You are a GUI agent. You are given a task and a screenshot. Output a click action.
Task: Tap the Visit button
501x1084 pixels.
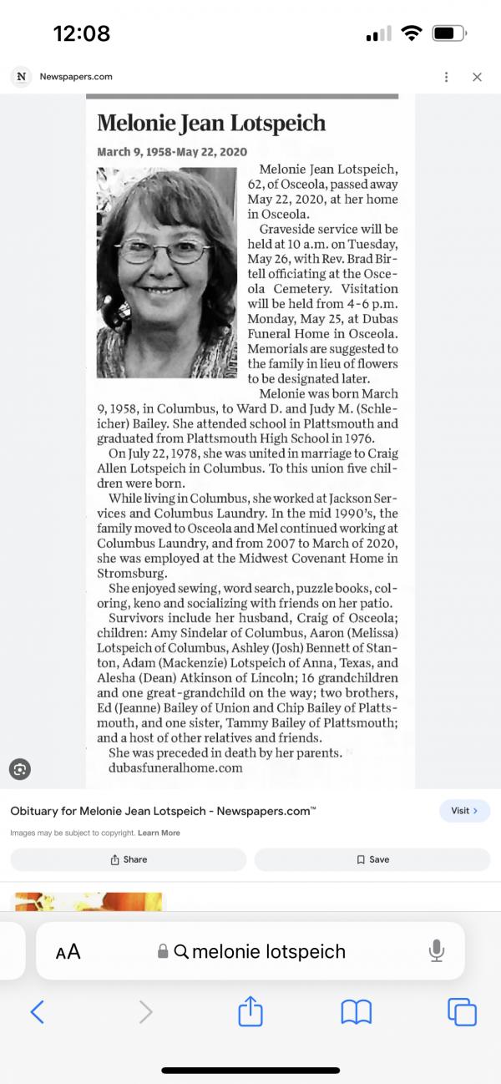[464, 810]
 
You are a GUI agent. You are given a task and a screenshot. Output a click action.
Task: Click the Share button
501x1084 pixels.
[129, 859]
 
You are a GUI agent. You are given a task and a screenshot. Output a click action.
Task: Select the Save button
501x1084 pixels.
[372, 859]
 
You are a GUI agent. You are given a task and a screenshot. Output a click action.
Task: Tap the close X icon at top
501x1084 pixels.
[477, 77]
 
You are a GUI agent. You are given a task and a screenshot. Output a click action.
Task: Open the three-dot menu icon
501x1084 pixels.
[447, 77]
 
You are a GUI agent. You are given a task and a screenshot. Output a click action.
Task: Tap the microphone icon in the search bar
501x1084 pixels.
[436, 950]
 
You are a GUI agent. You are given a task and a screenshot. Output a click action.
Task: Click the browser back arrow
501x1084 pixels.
[37, 1012]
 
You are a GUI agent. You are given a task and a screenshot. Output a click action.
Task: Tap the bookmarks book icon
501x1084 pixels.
[357, 1012]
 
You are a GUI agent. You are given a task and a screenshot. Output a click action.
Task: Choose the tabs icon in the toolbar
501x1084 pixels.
[462, 1012]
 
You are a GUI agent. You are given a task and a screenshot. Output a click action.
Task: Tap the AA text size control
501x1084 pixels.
[68, 952]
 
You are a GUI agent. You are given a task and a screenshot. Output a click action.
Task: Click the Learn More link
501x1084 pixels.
[159, 833]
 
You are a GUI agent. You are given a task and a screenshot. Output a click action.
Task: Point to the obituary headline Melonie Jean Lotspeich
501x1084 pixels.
[211, 124]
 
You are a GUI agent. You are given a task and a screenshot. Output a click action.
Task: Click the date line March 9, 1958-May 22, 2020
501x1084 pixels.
[172, 152]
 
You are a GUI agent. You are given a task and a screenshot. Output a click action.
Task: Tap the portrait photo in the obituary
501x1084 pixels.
[167, 261]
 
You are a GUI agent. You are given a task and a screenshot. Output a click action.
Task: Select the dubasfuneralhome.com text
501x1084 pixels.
[175, 767]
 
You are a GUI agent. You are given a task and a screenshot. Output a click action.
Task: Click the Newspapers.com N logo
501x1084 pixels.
[21, 77]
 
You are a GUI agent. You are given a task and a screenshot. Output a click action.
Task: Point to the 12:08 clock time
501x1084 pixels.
[82, 33]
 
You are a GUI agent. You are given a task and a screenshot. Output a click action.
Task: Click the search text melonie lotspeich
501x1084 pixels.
[268, 951]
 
